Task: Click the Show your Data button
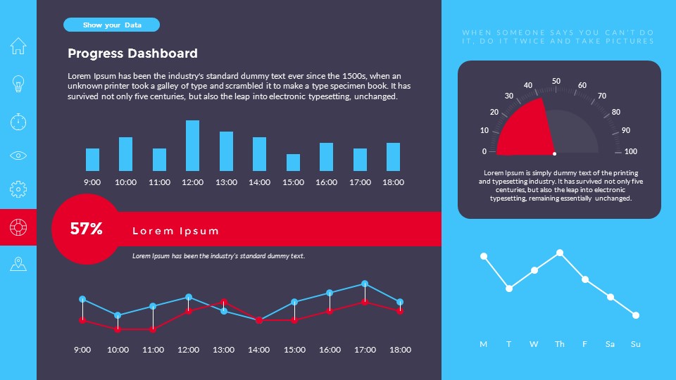(112, 25)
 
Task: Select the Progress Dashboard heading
(132, 53)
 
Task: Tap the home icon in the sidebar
(18, 46)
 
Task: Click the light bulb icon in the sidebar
(18, 84)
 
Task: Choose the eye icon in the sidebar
(18, 156)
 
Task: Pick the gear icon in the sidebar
(18, 189)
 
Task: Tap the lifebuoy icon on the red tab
(18, 227)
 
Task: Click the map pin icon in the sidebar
(18, 264)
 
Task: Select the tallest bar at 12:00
(192, 146)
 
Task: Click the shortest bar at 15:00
(293, 163)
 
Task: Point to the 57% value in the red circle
(87, 229)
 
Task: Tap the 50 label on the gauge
(556, 82)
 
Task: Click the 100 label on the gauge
(631, 151)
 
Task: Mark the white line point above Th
(560, 253)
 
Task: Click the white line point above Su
(636, 315)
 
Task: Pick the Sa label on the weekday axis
(610, 345)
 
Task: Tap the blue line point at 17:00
(365, 284)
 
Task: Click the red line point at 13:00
(224, 302)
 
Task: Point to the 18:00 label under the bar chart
(393, 182)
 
